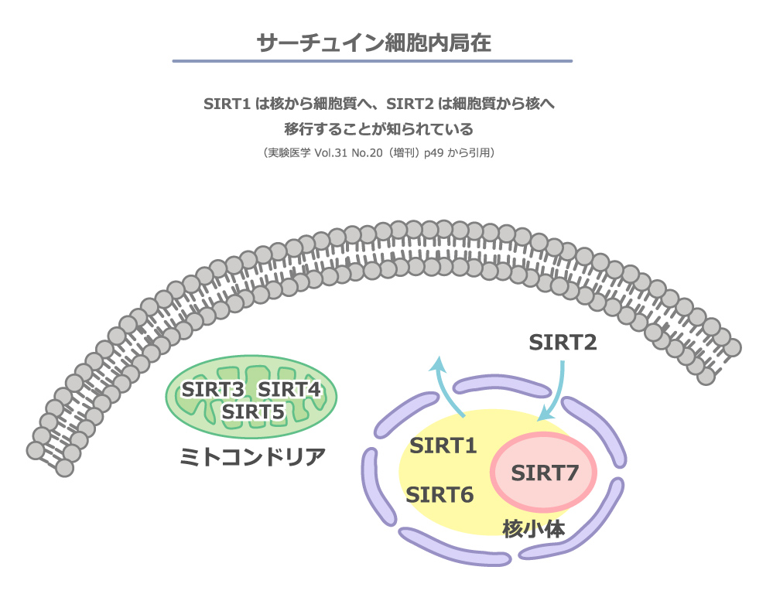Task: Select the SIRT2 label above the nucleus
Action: (x=563, y=342)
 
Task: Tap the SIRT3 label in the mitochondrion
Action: (x=212, y=389)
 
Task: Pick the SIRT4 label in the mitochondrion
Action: (x=288, y=389)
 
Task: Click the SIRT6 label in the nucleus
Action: (x=440, y=494)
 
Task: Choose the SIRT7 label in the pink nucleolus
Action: (x=545, y=472)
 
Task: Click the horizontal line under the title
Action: (x=372, y=61)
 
